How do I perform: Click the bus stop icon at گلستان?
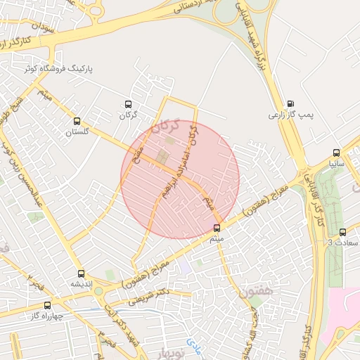point(77,120)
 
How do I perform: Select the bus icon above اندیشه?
point(81,274)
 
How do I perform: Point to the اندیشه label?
point(82,284)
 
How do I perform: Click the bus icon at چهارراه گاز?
point(48,305)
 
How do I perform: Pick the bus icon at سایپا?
point(336,153)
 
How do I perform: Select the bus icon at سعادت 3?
point(342,233)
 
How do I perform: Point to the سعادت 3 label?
point(343,243)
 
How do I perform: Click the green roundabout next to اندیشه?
point(98,290)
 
